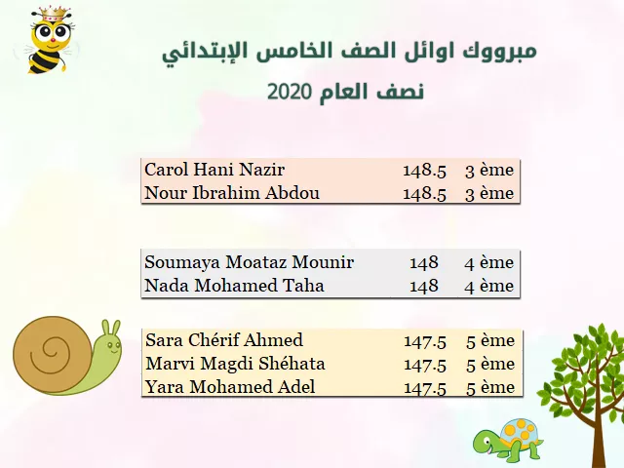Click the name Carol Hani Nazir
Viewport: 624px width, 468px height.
tap(214, 170)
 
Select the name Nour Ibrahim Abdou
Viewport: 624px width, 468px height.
tap(232, 193)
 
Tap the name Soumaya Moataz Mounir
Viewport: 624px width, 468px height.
tap(250, 262)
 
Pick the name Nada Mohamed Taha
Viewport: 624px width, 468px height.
tap(234, 286)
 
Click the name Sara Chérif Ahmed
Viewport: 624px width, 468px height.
tap(224, 340)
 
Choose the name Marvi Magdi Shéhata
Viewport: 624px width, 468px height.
tap(235, 364)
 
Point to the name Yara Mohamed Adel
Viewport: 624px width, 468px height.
tap(230, 387)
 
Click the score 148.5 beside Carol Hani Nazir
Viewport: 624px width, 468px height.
tap(425, 171)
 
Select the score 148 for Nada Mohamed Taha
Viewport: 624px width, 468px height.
tap(424, 286)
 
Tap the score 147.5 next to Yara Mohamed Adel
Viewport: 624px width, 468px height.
tap(425, 388)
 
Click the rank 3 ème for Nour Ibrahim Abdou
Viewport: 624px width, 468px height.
tap(489, 194)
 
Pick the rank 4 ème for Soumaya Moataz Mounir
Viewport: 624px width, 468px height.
tap(489, 263)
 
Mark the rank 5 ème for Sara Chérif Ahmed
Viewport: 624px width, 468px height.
tap(490, 341)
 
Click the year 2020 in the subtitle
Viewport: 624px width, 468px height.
tap(289, 92)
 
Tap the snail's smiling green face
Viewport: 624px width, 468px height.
tap(110, 345)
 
